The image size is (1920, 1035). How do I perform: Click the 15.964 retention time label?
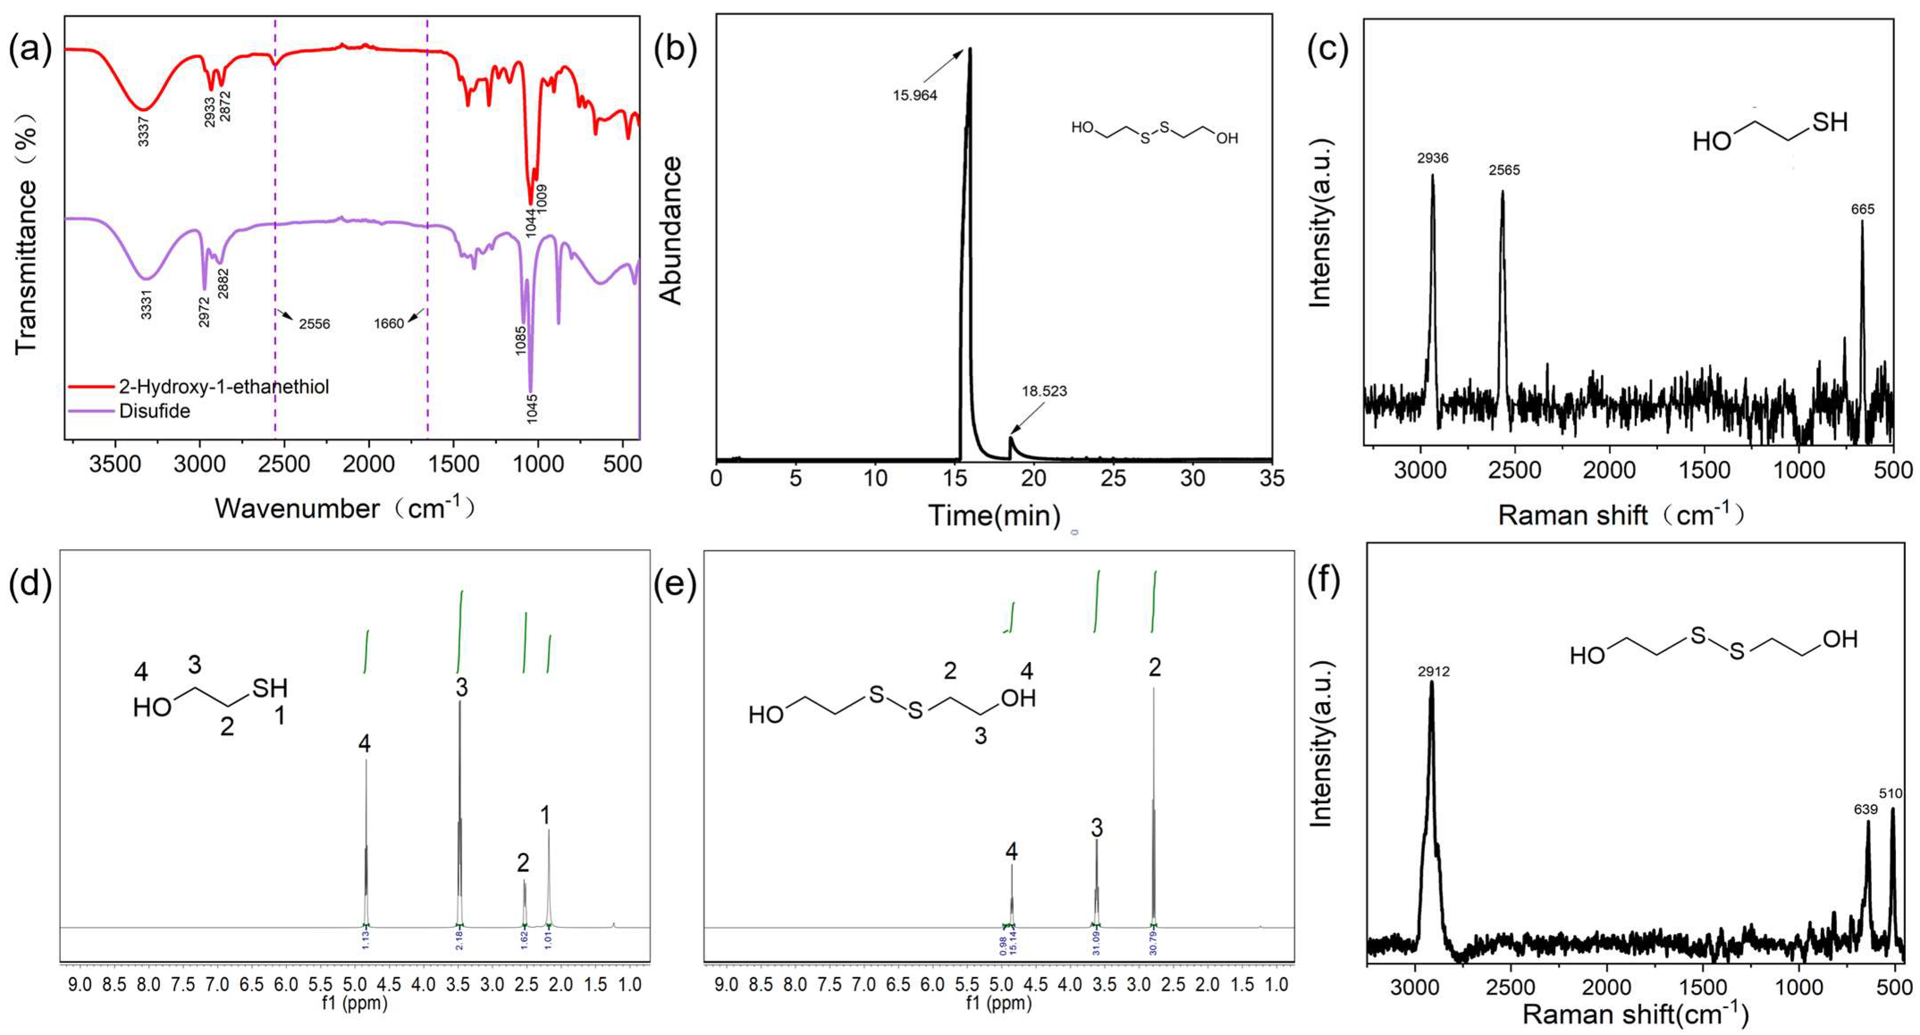click(915, 96)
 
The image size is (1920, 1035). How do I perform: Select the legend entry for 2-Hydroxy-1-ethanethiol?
click(223, 387)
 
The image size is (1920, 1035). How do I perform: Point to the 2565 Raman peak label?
click(1504, 170)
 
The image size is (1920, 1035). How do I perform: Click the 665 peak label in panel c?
click(1862, 210)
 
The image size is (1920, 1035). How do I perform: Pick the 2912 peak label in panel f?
click(1433, 671)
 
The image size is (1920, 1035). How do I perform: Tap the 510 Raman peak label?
click(1890, 794)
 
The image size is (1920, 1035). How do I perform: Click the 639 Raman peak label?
click(1865, 809)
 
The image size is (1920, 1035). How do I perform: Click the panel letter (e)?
click(675, 585)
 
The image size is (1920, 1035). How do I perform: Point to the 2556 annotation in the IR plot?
click(314, 324)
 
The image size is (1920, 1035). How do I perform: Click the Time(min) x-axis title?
click(994, 515)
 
